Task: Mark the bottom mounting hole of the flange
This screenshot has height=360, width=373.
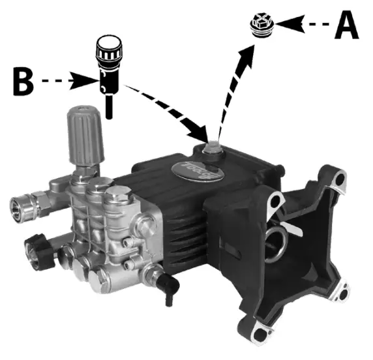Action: point(260,335)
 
